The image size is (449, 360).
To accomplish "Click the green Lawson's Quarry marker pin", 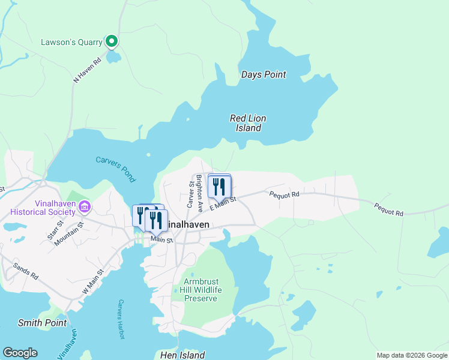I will click(111, 41).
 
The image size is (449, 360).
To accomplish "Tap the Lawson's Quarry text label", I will click(71, 43).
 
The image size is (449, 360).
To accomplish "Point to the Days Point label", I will click(264, 75).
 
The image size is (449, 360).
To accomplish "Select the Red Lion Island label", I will click(248, 123).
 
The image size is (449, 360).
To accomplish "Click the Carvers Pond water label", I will click(115, 169).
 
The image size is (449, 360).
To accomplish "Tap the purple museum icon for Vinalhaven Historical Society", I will click(85, 208).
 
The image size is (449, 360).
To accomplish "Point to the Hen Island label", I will click(183, 355).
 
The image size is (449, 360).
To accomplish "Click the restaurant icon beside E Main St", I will click(219, 186).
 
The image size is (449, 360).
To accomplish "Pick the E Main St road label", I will click(223, 202).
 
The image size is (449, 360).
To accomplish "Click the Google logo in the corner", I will click(20, 353).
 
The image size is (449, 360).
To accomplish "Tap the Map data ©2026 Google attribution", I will click(411, 355).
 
